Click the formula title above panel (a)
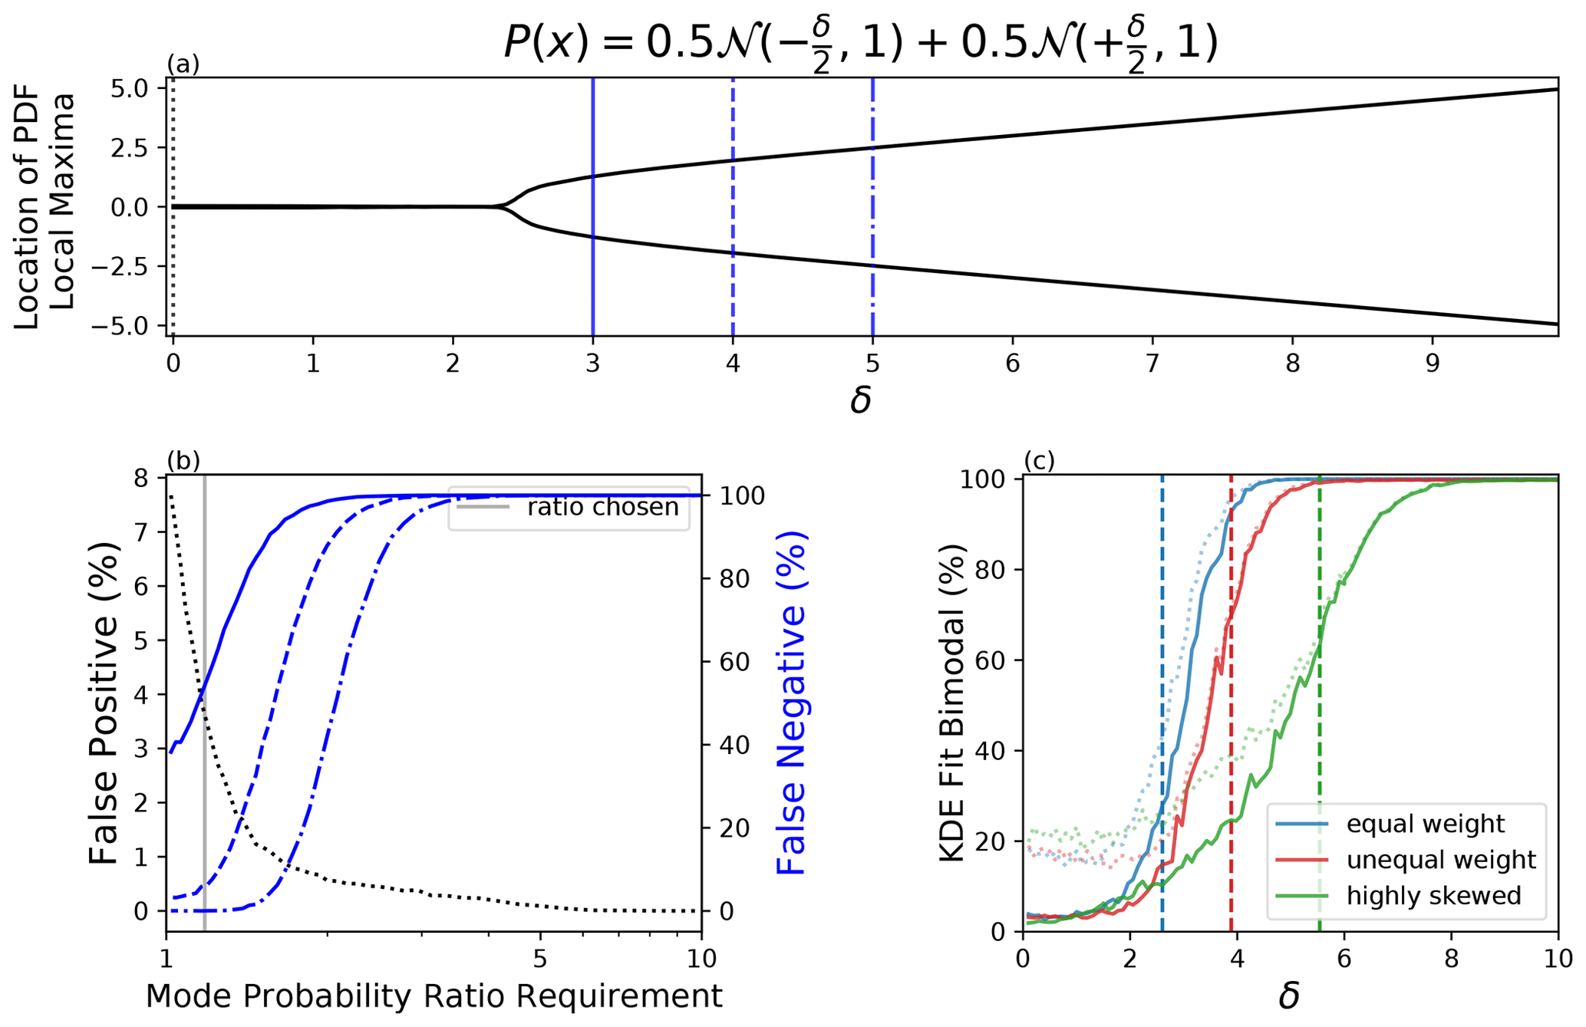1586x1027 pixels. (860, 44)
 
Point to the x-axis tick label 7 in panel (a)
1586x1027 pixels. (1152, 363)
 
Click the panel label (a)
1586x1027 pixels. (183, 64)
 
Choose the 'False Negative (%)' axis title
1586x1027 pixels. (792, 703)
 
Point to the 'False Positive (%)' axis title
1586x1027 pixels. (104, 703)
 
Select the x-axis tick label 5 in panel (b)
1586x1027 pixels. (540, 960)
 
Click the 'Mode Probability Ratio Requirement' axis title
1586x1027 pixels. (434, 996)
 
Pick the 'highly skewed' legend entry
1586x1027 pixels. (1433, 895)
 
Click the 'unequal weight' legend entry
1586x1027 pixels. (1440, 860)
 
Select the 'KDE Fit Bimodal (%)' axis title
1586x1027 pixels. (952, 703)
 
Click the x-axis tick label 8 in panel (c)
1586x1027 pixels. (1450, 960)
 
